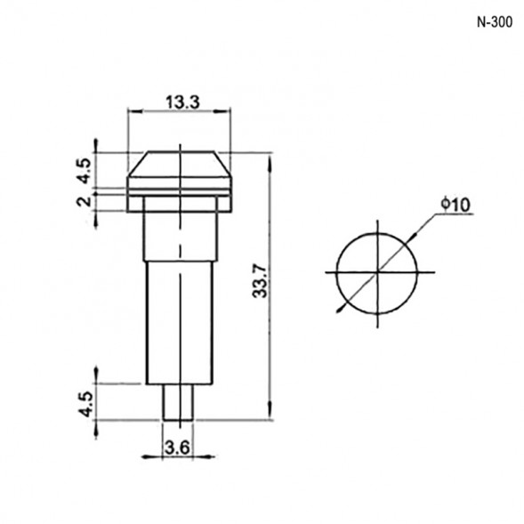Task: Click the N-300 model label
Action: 495,22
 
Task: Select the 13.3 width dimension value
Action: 182,102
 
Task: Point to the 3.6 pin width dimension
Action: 177,447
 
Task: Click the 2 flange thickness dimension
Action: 85,201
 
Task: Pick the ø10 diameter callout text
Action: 455,205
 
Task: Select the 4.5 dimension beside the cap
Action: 84,171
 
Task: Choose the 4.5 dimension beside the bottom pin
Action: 85,404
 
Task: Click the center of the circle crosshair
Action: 377,272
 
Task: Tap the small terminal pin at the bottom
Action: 178,402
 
